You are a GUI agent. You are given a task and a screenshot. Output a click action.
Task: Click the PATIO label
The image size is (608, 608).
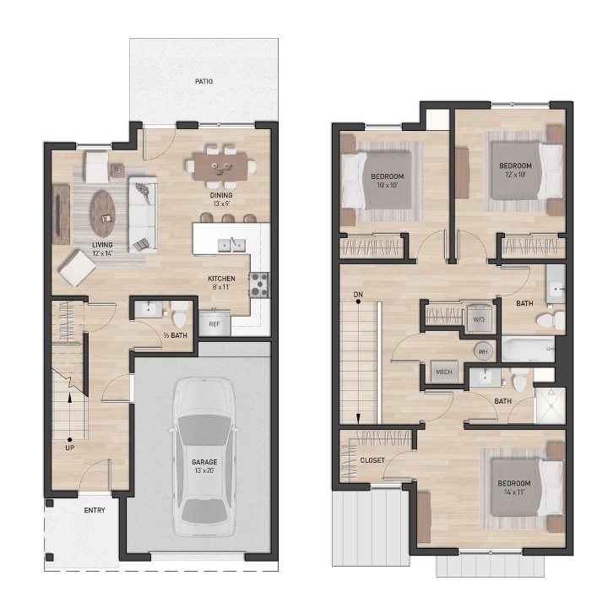203,82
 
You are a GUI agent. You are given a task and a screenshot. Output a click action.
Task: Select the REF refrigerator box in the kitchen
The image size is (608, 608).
214,323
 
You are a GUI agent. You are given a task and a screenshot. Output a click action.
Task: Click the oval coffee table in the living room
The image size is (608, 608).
103,212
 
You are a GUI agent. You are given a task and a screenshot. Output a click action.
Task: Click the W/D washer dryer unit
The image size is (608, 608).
478,319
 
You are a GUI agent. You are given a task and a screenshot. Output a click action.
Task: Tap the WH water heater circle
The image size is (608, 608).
483,350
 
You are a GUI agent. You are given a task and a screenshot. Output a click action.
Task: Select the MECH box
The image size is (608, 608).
442,372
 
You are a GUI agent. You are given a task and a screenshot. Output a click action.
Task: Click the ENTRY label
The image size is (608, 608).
94,511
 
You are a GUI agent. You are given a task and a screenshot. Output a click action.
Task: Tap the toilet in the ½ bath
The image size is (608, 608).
179,317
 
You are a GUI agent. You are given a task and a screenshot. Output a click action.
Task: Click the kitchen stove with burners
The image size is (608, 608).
258,285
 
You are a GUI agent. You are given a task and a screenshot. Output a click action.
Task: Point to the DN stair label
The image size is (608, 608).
358,295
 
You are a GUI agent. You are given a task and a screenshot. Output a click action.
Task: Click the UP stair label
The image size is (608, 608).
69,448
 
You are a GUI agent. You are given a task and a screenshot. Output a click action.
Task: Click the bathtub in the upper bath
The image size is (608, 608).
528,349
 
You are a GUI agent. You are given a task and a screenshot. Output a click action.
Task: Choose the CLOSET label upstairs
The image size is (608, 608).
372,460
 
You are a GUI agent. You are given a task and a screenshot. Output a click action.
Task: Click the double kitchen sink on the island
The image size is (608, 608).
230,245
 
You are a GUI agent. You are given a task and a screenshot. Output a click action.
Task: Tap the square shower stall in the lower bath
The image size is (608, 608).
550,405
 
